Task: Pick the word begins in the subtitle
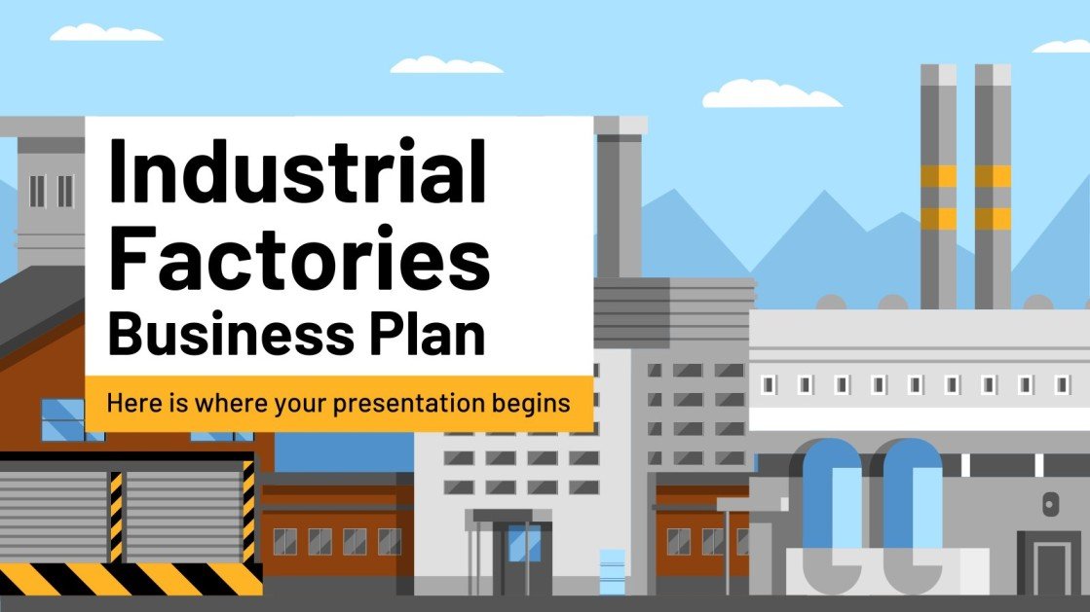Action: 535,403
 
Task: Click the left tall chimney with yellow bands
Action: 938,185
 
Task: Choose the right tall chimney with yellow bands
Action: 993,185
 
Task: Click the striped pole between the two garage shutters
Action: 117,516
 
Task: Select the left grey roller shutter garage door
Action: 54,516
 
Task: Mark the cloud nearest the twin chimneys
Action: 771,94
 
